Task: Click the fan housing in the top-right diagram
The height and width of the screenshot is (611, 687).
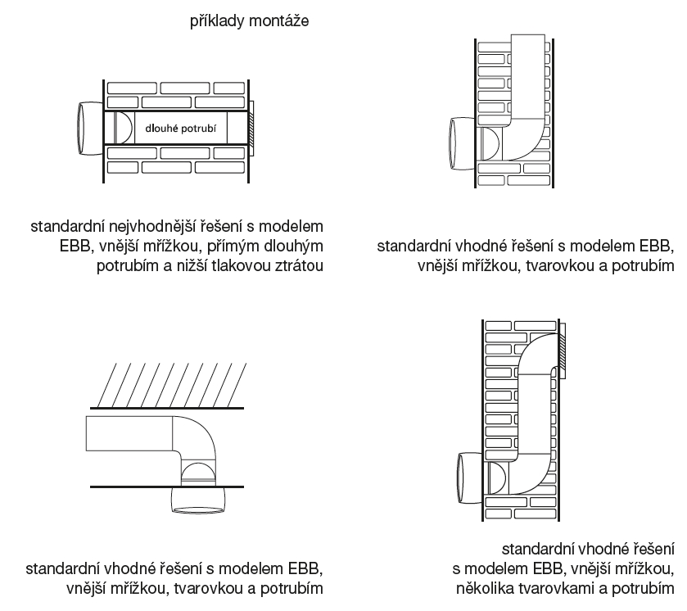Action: pos(461,143)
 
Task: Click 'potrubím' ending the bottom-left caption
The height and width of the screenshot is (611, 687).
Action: pos(293,588)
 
